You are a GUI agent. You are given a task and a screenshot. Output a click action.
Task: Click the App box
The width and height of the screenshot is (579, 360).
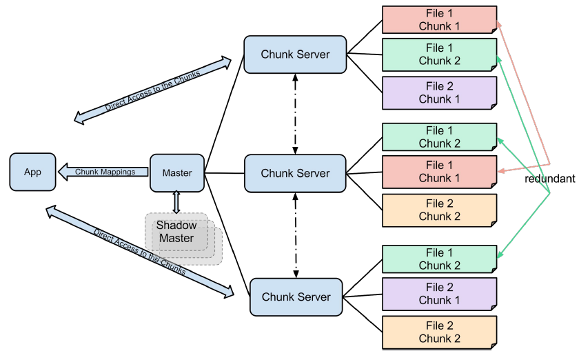[32, 172]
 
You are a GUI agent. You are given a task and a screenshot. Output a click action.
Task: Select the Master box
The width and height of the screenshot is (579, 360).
[177, 172]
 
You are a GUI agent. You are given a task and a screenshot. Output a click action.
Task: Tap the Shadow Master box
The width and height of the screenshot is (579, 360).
[176, 231]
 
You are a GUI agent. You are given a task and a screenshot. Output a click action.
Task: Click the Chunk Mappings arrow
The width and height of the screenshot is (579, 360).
[103, 172]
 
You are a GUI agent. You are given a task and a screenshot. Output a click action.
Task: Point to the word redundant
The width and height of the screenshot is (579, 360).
[549, 178]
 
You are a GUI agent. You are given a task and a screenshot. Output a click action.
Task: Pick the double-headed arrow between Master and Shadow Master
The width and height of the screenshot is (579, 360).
[176, 202]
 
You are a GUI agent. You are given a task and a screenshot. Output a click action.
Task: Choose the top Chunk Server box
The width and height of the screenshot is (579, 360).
[295, 54]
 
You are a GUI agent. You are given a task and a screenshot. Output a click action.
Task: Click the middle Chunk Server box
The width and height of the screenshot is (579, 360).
[295, 173]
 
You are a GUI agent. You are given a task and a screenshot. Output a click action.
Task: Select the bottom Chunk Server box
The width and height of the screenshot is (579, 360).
[296, 297]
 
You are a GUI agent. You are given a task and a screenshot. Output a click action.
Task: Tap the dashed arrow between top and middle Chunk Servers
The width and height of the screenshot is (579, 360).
[295, 113]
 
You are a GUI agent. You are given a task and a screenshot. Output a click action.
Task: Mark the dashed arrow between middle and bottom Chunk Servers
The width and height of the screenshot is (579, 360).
[296, 234]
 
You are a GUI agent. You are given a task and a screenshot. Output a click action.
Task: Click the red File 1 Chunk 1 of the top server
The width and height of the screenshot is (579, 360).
[440, 19]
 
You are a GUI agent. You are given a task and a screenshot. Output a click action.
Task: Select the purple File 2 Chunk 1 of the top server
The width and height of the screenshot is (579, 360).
[440, 92]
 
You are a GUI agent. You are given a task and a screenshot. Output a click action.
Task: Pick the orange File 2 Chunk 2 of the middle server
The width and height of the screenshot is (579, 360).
[440, 210]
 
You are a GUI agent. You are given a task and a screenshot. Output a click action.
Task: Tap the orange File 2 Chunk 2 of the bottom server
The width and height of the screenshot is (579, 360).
[440, 332]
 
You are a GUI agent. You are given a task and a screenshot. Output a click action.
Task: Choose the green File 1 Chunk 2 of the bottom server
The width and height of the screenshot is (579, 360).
[440, 259]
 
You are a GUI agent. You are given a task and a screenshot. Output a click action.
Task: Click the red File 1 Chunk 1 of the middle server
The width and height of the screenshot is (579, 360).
[440, 172]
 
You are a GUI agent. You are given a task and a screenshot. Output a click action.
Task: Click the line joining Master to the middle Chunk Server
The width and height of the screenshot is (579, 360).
[224, 172]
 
